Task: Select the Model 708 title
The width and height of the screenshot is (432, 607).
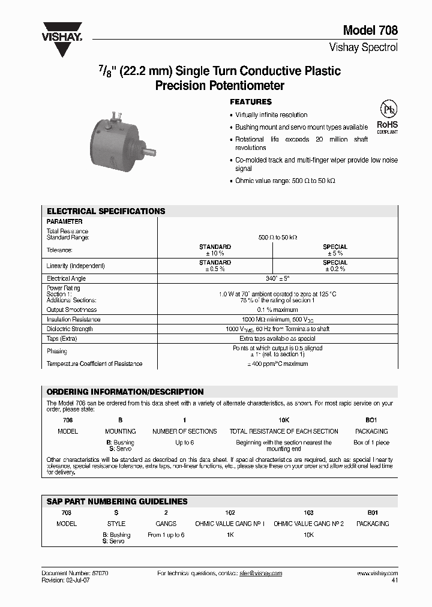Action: (x=370, y=31)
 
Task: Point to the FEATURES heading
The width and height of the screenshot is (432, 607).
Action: (x=251, y=102)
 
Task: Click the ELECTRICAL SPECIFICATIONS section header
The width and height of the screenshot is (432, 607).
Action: (x=106, y=211)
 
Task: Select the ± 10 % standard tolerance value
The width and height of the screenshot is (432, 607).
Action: (x=215, y=253)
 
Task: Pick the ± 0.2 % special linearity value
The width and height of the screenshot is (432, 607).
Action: (x=335, y=269)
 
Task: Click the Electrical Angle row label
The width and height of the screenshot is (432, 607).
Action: (x=66, y=278)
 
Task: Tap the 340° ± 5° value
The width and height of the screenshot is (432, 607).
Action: (x=277, y=278)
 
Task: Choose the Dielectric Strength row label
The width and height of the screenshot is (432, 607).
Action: (x=70, y=329)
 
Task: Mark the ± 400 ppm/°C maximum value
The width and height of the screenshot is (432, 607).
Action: (x=277, y=363)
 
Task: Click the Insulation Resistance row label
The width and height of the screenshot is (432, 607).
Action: (x=73, y=319)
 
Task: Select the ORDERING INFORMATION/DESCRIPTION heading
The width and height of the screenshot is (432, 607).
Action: (x=125, y=392)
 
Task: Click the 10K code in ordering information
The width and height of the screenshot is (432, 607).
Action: (x=284, y=420)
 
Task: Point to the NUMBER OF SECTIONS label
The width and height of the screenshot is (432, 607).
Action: (x=185, y=431)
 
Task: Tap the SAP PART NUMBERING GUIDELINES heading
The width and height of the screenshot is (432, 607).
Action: (x=117, y=501)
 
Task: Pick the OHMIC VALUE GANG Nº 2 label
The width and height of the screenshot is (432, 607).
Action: (x=308, y=524)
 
